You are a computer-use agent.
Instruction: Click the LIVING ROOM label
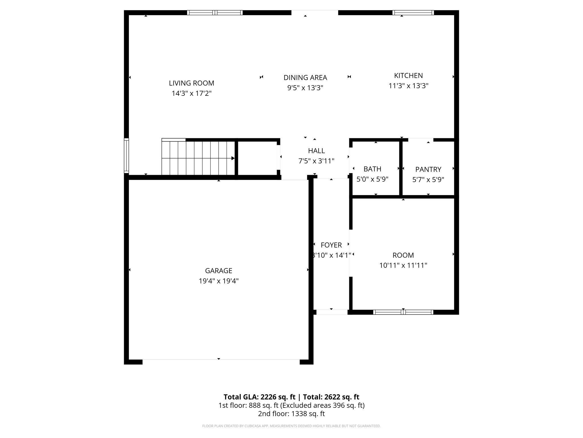pos(191,83)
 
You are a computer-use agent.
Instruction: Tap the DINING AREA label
pos(305,78)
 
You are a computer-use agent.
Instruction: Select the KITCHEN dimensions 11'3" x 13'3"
pos(408,86)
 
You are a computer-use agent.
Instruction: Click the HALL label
pos(316,151)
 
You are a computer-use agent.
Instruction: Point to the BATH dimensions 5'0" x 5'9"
pos(372,179)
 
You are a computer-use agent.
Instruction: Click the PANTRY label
pos(428,169)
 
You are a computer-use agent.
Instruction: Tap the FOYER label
pos(331,245)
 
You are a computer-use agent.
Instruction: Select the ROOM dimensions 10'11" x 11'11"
pos(403,265)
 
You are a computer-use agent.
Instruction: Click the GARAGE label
pos(219,271)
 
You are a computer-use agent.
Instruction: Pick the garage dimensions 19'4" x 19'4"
pos(219,281)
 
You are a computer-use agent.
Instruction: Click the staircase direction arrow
pos(233,158)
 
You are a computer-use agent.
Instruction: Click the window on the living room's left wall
pos(126,155)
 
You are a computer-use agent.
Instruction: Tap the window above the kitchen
pos(413,13)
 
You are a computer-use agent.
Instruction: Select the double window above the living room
pos(215,13)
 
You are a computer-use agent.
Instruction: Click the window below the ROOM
pos(403,312)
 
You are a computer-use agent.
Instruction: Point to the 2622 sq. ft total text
pos(331,397)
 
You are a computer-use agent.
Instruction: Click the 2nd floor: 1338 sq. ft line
pos(291,414)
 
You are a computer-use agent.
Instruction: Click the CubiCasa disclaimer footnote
pos(291,426)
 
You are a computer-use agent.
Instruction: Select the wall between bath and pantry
pos(401,168)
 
